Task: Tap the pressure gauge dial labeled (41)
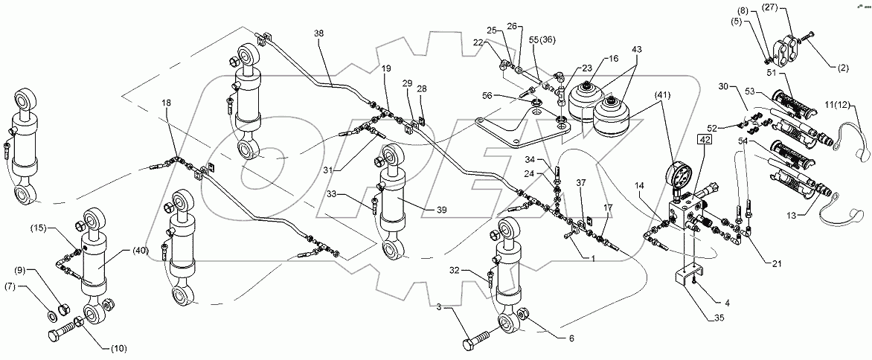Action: coord(678,179)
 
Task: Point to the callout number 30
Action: coord(725,87)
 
